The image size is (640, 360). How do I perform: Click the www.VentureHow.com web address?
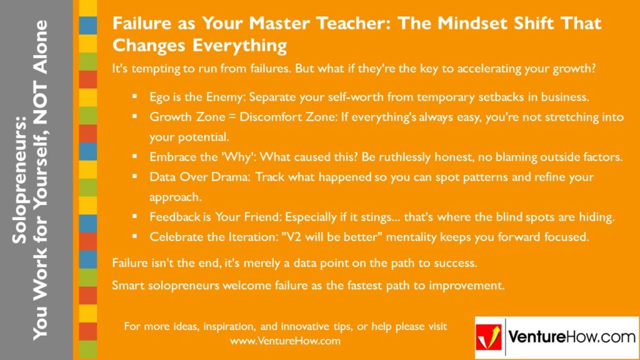coord(285,341)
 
